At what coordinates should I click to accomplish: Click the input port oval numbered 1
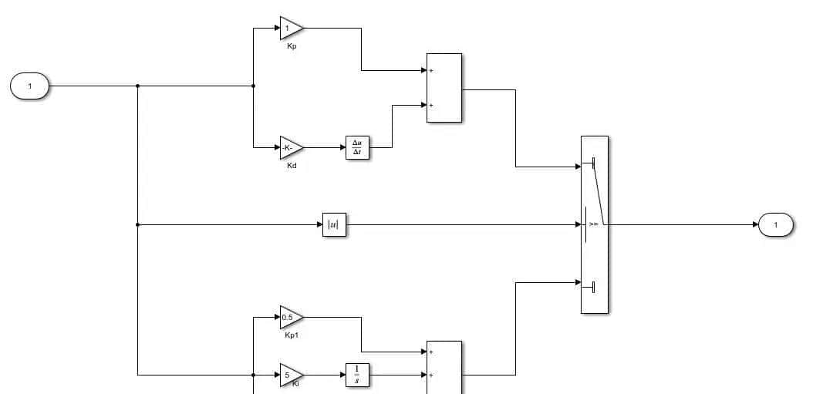pyautogui.click(x=29, y=86)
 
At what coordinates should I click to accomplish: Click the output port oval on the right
pyautogui.click(x=775, y=225)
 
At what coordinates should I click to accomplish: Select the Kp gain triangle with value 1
pyautogui.click(x=290, y=29)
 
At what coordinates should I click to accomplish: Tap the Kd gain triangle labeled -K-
pyautogui.click(x=290, y=147)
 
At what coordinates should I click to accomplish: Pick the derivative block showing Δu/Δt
pyautogui.click(x=358, y=147)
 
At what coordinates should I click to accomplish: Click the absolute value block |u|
pyautogui.click(x=334, y=225)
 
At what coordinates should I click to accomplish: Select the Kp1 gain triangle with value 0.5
pyautogui.click(x=290, y=317)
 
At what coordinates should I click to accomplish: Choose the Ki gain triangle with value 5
pyautogui.click(x=290, y=375)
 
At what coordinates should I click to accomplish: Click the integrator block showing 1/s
pyautogui.click(x=357, y=375)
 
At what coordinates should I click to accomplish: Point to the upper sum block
pyautogui.click(x=444, y=88)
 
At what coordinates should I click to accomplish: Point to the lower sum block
pyautogui.click(x=444, y=367)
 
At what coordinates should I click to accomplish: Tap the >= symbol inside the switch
pyautogui.click(x=594, y=225)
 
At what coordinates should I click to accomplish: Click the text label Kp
pyautogui.click(x=292, y=47)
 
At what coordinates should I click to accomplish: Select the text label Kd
pyautogui.click(x=292, y=166)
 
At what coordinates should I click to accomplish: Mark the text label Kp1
pyautogui.click(x=292, y=335)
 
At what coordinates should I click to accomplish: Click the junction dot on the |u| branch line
pyautogui.click(x=137, y=225)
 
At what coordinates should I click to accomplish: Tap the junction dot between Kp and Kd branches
pyautogui.click(x=253, y=86)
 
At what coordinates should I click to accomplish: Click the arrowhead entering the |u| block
pyautogui.click(x=319, y=225)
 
